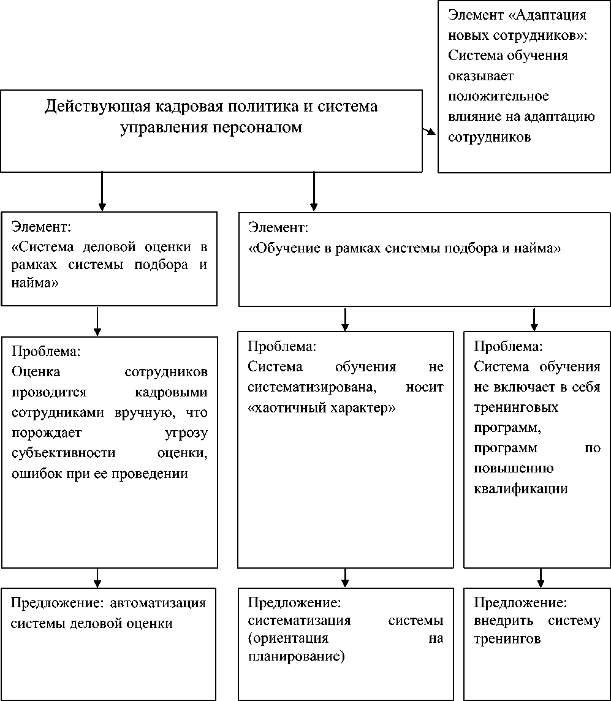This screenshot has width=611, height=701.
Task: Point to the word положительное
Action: tap(498, 96)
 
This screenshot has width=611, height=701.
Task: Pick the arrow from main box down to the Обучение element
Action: tap(314, 191)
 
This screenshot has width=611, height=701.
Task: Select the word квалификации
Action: tap(520, 489)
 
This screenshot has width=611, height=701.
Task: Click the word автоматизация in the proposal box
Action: tap(158, 602)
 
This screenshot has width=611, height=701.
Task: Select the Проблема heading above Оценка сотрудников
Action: tap(47, 352)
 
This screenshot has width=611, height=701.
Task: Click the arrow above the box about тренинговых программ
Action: tap(534, 319)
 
